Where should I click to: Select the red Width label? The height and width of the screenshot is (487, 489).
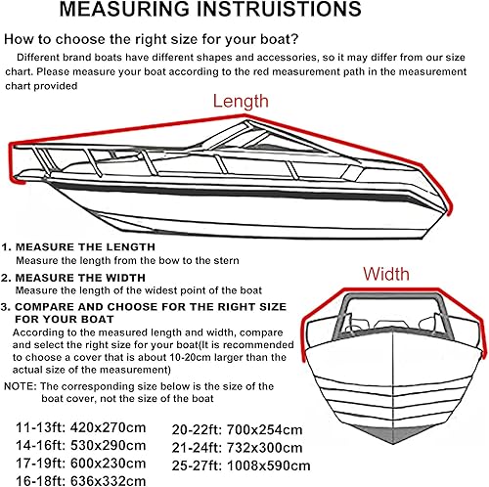pyautogui.click(x=387, y=274)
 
